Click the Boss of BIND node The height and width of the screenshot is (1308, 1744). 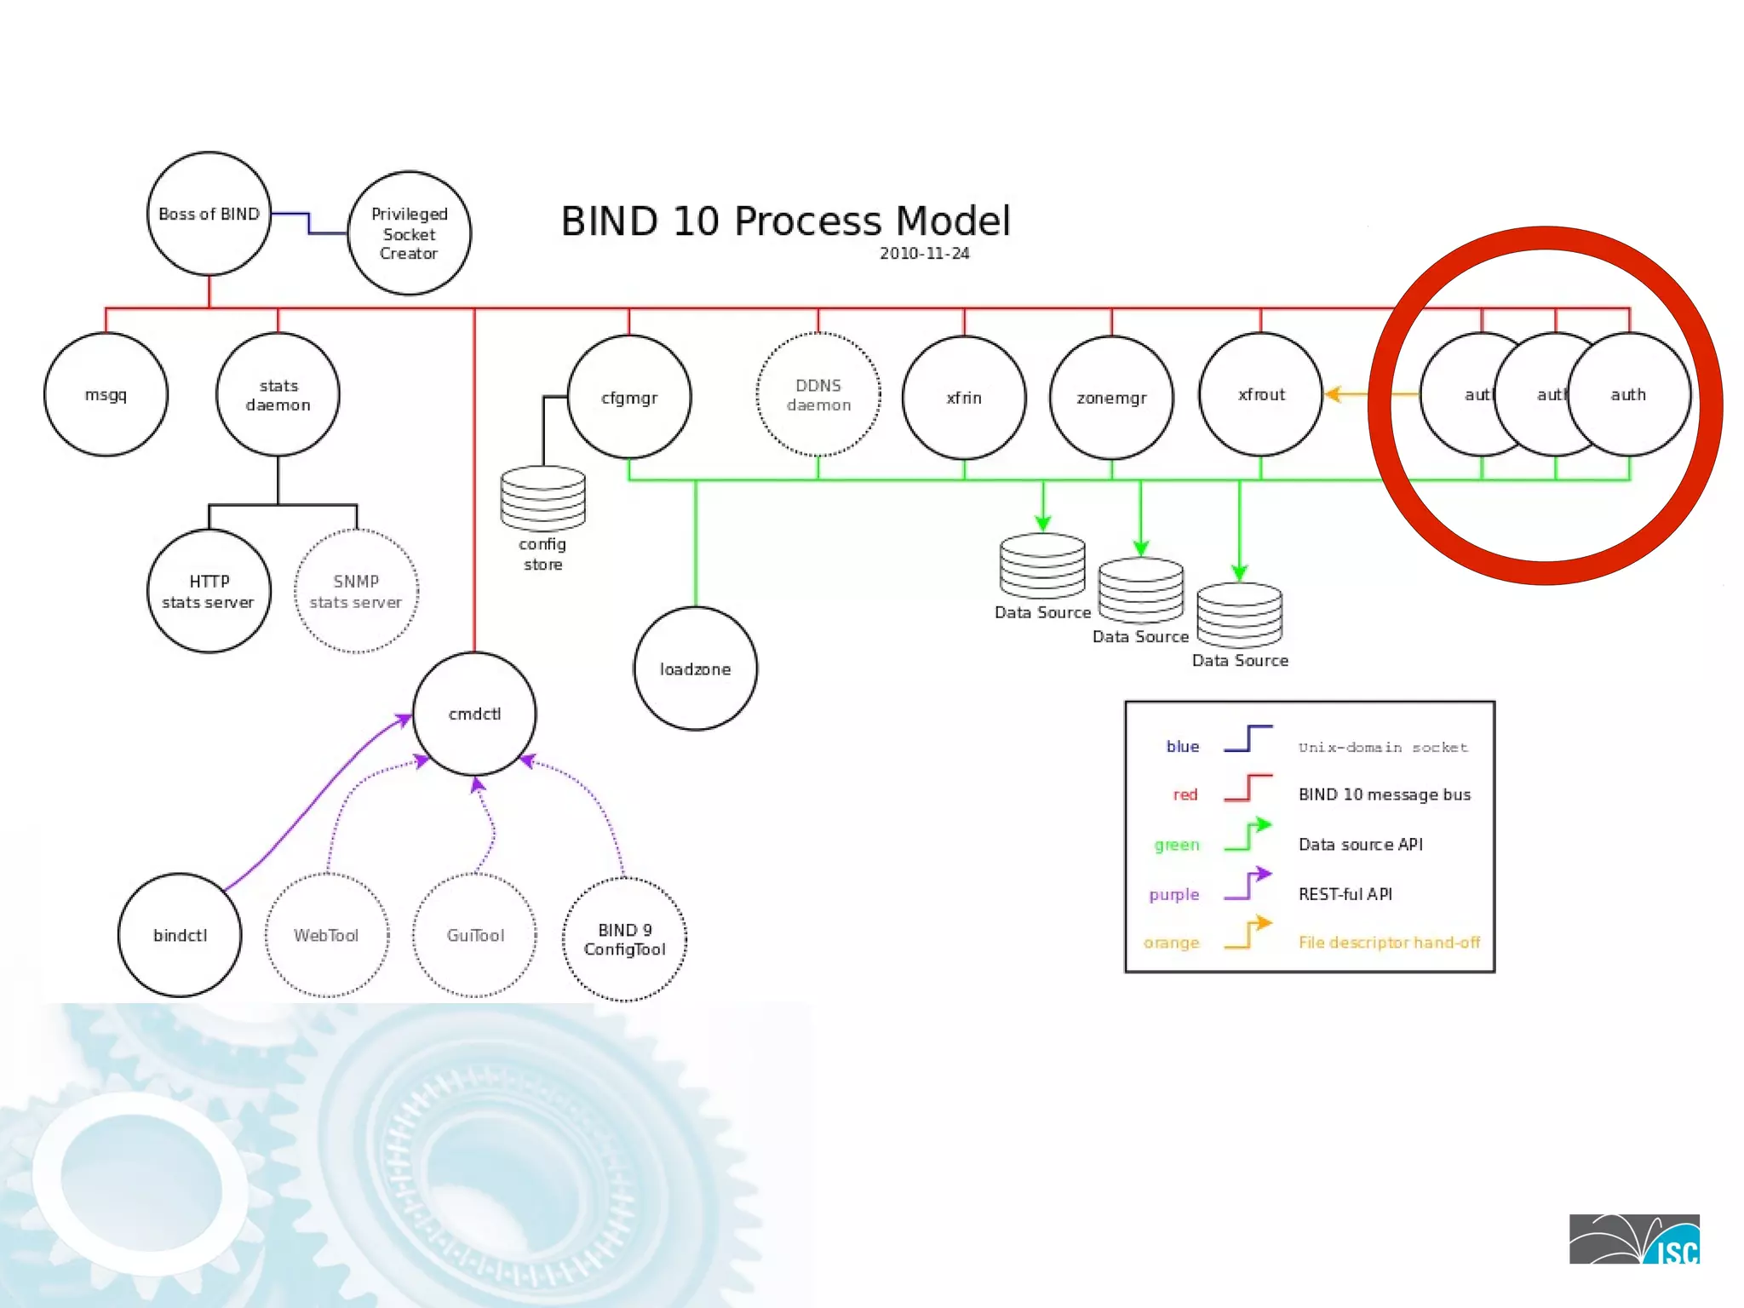click(x=209, y=214)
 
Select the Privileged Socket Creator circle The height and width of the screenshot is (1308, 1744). click(x=409, y=233)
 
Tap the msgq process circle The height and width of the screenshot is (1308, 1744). click(x=106, y=395)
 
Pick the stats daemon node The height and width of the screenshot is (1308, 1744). click(x=278, y=395)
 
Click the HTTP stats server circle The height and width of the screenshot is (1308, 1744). click(x=209, y=591)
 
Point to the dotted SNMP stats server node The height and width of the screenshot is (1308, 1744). click(x=356, y=591)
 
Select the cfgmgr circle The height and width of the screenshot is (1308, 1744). click(x=629, y=397)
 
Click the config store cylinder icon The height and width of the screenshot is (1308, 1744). click(x=542, y=498)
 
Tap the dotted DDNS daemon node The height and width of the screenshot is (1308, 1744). click(x=818, y=395)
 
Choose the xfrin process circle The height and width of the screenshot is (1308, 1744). click(x=964, y=398)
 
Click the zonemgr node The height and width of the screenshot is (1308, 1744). click(x=1111, y=398)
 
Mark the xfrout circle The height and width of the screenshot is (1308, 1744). click(x=1261, y=394)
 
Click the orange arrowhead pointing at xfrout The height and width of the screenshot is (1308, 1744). click(x=1334, y=394)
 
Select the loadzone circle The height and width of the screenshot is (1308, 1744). click(x=695, y=669)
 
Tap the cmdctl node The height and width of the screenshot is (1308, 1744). click(x=474, y=714)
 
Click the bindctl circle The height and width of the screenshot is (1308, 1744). click(x=180, y=935)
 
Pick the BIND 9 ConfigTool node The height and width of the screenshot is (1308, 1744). click(x=624, y=939)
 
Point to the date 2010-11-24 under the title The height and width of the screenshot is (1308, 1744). click(x=924, y=254)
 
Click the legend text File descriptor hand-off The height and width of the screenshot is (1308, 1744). click(x=1389, y=943)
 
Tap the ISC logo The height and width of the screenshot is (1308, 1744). click(x=1634, y=1239)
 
